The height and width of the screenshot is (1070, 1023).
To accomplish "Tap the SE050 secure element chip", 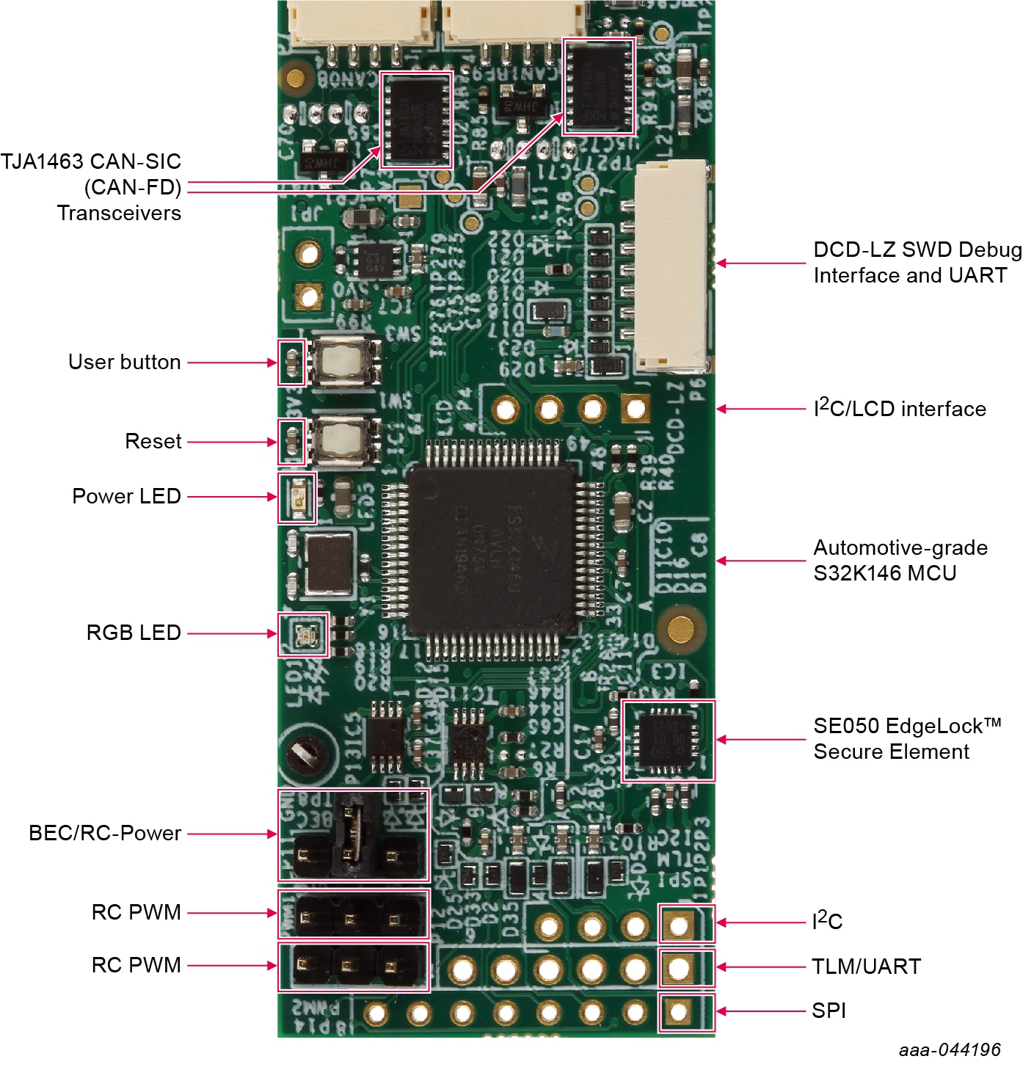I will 668,740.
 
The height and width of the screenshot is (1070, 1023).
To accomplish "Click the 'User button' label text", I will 124,362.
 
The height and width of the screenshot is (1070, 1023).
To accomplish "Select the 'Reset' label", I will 153,441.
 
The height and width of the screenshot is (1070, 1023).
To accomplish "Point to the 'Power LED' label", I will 126,496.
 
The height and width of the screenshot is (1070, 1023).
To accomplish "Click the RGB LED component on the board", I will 304,634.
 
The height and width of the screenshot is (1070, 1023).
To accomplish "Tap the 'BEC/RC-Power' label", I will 105,833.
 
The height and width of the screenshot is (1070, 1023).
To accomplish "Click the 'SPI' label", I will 829,1011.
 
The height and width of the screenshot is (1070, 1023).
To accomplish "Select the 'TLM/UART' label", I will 866,967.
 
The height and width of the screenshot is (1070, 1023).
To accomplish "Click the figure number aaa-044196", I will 950,1050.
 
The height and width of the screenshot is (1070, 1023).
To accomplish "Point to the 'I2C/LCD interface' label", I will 900,408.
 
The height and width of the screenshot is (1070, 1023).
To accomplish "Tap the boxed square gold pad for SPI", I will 678,1013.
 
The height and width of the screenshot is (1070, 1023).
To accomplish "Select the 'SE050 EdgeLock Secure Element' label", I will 906,738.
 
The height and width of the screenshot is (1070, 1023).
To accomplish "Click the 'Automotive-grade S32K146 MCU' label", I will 900,560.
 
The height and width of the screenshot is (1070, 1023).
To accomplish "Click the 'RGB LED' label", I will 134,633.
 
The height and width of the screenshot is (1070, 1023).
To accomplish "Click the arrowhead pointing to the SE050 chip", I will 721,740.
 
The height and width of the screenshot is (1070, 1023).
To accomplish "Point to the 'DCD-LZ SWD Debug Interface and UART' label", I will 917,262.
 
